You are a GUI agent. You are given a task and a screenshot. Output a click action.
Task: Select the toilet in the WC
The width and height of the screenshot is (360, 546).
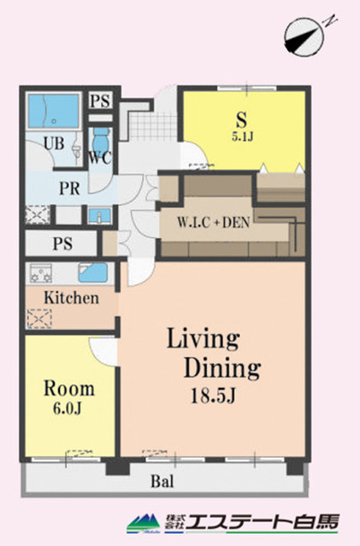pyautogui.click(x=101, y=138)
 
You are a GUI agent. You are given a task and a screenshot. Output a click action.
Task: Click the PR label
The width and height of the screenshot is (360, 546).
pyautogui.click(x=71, y=188)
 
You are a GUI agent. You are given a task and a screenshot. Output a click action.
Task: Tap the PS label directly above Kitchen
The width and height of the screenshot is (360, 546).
pyautogui.click(x=62, y=244)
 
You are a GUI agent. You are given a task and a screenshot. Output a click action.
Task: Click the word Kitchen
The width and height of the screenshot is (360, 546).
pyautogui.click(x=72, y=298)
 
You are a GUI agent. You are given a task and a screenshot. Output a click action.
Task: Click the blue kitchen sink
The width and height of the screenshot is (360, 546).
pyautogui.click(x=92, y=273)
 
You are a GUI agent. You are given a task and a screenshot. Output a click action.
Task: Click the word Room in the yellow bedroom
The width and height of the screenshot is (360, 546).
pyautogui.click(x=69, y=389)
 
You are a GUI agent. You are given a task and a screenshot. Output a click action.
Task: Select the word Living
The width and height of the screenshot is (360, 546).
pyautogui.click(x=202, y=339)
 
